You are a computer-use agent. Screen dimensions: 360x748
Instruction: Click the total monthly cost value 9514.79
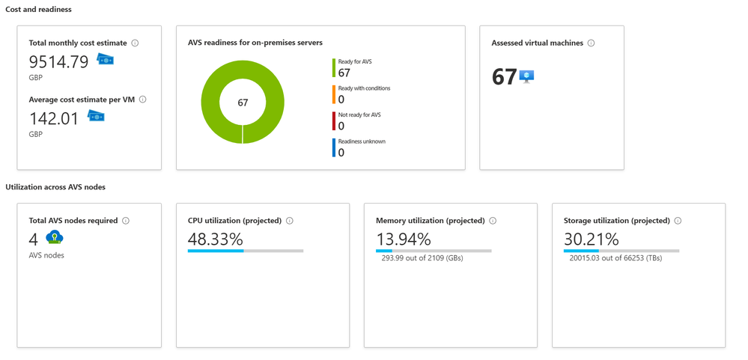pyautogui.click(x=58, y=62)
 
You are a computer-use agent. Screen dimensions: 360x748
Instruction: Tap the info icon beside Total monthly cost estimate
pyautogui.click(x=135, y=43)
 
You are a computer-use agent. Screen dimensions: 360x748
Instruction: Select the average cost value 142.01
pyautogui.click(x=54, y=118)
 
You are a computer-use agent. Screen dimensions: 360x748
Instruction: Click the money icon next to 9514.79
pyautogui.click(x=106, y=60)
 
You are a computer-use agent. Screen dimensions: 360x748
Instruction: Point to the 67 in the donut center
pyautogui.click(x=243, y=103)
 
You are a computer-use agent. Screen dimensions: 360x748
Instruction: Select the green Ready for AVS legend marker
pyautogui.click(x=334, y=68)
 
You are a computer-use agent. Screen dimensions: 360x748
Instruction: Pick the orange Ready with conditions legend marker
pyautogui.click(x=334, y=95)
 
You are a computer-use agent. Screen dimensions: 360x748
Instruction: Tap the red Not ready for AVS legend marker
pyautogui.click(x=334, y=121)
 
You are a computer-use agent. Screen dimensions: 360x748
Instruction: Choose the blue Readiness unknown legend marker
pyautogui.click(x=334, y=148)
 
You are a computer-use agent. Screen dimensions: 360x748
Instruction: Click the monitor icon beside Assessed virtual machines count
pyautogui.click(x=526, y=76)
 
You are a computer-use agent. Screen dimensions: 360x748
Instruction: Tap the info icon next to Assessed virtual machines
pyautogui.click(x=592, y=43)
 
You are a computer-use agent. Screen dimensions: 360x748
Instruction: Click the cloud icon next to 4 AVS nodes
pyautogui.click(x=55, y=238)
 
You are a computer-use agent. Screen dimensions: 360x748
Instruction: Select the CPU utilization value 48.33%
pyautogui.click(x=215, y=240)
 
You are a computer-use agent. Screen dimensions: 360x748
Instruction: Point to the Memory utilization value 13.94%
pyautogui.click(x=403, y=240)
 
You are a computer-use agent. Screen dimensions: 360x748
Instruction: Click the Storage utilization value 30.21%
pyautogui.click(x=591, y=240)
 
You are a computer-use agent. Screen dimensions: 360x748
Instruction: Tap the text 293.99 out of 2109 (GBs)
pyautogui.click(x=422, y=258)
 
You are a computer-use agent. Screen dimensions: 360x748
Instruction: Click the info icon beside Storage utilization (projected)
pyautogui.click(x=678, y=221)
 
